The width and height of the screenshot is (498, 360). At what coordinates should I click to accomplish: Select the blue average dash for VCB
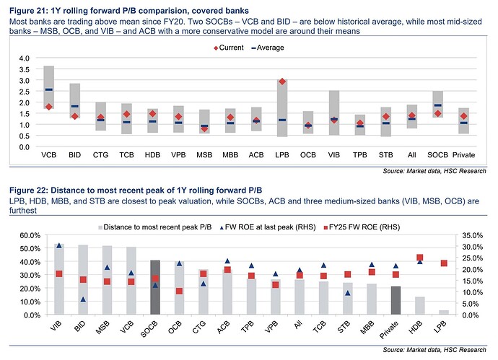click(x=49, y=90)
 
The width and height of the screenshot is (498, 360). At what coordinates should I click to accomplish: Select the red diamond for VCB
click(x=49, y=107)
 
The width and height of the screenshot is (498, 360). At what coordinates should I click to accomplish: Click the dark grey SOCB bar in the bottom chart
click(x=154, y=287)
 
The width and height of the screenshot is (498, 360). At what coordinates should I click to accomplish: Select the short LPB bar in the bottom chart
click(x=443, y=312)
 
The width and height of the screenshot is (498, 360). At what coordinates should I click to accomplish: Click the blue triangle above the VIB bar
click(x=59, y=246)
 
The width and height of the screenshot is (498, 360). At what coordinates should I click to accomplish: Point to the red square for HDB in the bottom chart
click(x=419, y=258)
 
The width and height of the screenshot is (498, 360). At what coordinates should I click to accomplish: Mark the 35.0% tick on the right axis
click(x=470, y=235)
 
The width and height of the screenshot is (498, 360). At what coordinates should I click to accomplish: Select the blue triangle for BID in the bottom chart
click(x=83, y=299)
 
